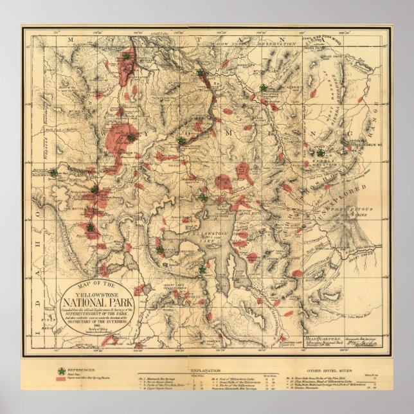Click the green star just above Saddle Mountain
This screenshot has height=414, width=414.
click(319, 152)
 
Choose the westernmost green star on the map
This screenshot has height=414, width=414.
click(53, 173)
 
